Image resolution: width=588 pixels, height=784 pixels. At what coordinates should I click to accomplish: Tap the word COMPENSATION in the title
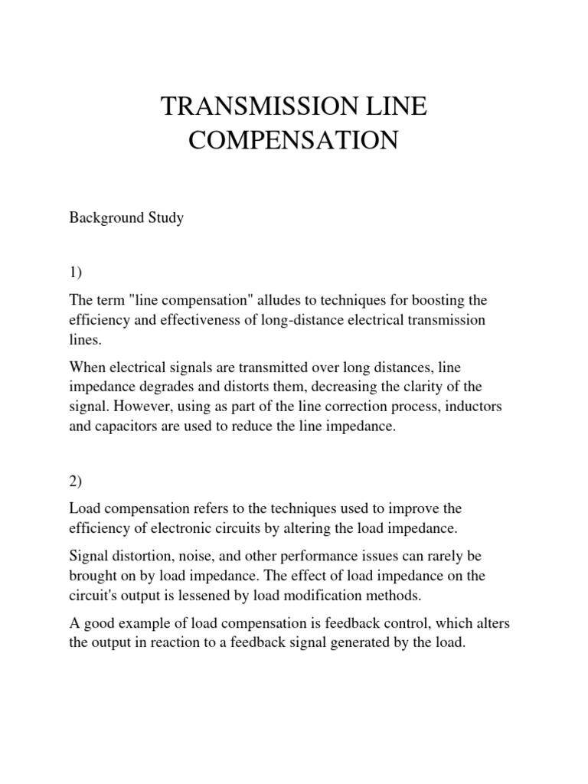294,142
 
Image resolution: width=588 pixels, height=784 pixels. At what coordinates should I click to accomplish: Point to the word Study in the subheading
165,218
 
